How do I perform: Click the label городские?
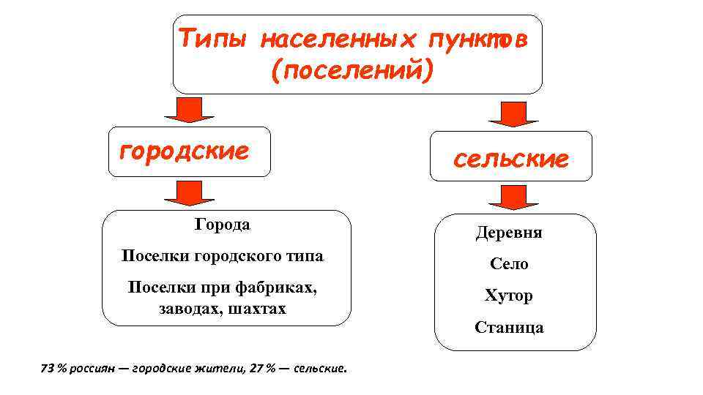(185, 151)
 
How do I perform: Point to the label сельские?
(510, 159)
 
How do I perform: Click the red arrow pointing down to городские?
(189, 108)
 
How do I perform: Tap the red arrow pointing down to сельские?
(513, 113)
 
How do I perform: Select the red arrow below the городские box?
(189, 192)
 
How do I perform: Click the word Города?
(222, 225)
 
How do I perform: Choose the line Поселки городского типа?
(222, 256)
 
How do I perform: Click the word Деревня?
(509, 233)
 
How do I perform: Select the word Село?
(509, 264)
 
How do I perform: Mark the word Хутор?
(509, 296)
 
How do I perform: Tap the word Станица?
(509, 327)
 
